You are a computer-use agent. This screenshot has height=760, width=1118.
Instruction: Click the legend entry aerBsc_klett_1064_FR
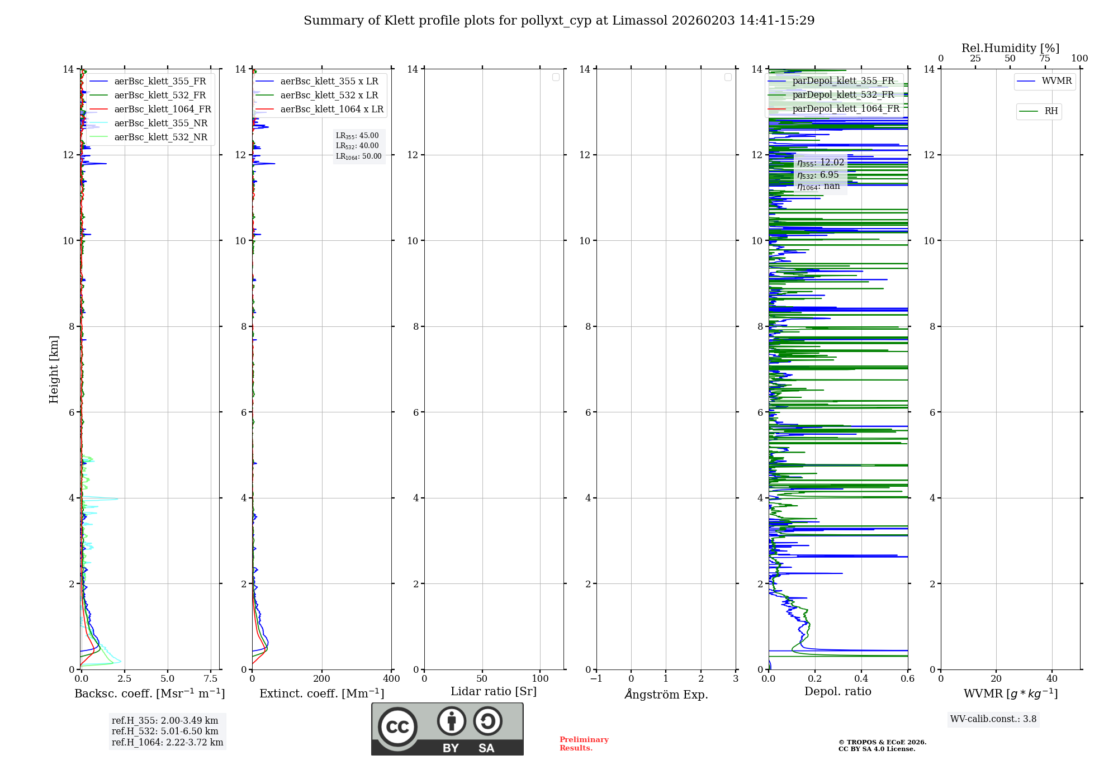pyautogui.click(x=162, y=110)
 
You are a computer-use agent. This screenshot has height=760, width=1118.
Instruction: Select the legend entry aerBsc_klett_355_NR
pyautogui.click(x=160, y=123)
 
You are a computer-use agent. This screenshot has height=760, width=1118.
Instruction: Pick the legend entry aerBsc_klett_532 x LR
pyautogui.click(x=329, y=96)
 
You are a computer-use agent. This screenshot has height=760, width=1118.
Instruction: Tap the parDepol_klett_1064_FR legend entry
pyautogui.click(x=845, y=109)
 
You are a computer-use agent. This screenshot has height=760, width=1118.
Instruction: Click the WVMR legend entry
pyautogui.click(x=1056, y=82)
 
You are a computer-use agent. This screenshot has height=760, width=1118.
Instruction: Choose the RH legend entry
pyautogui.click(x=1050, y=111)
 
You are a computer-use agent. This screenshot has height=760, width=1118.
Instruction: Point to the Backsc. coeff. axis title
pyautogui.click(x=149, y=693)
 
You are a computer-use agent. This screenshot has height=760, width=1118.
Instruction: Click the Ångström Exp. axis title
pyautogui.click(x=666, y=695)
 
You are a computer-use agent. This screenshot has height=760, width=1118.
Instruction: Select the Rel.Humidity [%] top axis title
pyautogui.click(x=1010, y=48)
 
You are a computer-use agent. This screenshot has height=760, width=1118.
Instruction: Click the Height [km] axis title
pyautogui.click(x=54, y=369)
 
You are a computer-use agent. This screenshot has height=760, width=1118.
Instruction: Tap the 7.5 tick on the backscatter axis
pyautogui.click(x=211, y=679)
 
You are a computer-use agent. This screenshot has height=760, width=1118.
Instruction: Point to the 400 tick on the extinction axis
pyautogui.click(x=391, y=679)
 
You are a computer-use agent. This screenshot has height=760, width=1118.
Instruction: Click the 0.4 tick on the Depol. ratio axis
pyautogui.click(x=861, y=679)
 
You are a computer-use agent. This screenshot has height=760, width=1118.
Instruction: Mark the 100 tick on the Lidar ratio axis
pyautogui.click(x=540, y=679)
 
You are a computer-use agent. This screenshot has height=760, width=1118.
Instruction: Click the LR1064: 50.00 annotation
pyautogui.click(x=358, y=156)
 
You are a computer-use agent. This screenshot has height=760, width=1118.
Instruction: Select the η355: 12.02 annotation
pyautogui.click(x=820, y=163)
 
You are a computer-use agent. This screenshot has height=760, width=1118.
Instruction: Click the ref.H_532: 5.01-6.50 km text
pyautogui.click(x=165, y=731)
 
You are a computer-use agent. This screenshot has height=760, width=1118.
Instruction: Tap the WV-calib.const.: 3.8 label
pyautogui.click(x=993, y=719)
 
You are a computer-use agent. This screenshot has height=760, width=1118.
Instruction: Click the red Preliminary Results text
pyautogui.click(x=584, y=744)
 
